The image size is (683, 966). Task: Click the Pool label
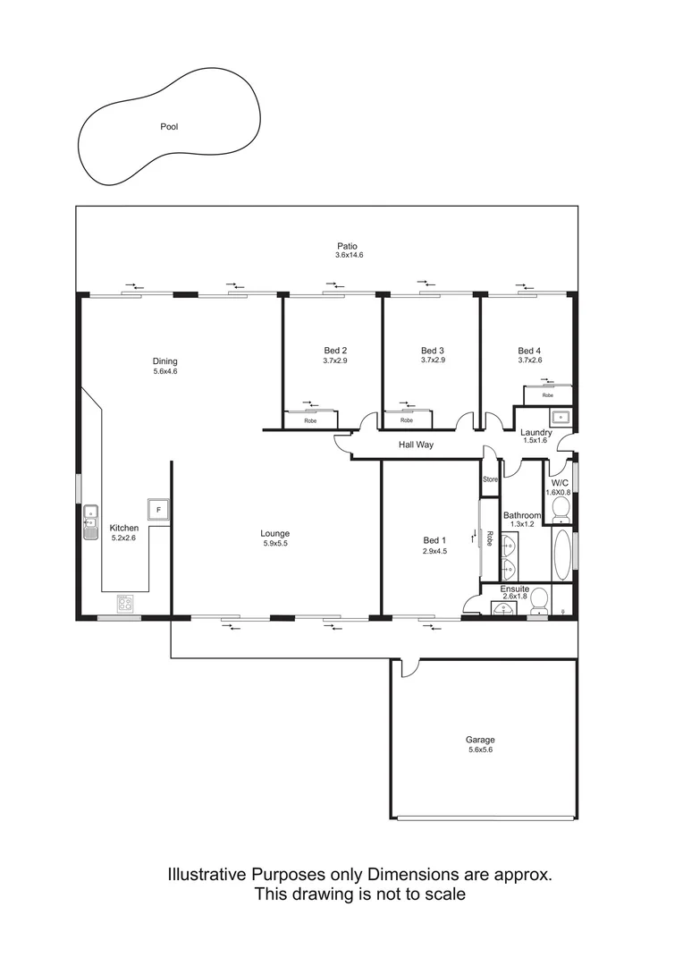[169, 127]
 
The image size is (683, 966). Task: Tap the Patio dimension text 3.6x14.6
[349, 255]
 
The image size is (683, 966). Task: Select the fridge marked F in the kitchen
[158, 509]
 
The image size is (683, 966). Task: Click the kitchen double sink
[90, 522]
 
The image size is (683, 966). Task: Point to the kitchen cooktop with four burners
[125, 604]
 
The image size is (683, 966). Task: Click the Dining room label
[164, 361]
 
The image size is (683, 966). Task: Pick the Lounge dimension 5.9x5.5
[275, 544]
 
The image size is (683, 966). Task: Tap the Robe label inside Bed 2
[310, 420]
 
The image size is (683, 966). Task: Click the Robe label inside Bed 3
[407, 420]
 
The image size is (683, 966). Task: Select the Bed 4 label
[529, 351]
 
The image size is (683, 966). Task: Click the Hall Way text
[416, 444]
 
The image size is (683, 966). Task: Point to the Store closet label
[490, 480]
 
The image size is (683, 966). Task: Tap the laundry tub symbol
[560, 417]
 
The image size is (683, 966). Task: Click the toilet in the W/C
[561, 508]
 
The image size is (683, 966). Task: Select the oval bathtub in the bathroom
[561, 556]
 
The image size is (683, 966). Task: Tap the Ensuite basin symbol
[504, 609]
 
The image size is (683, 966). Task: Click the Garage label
[479, 740]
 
